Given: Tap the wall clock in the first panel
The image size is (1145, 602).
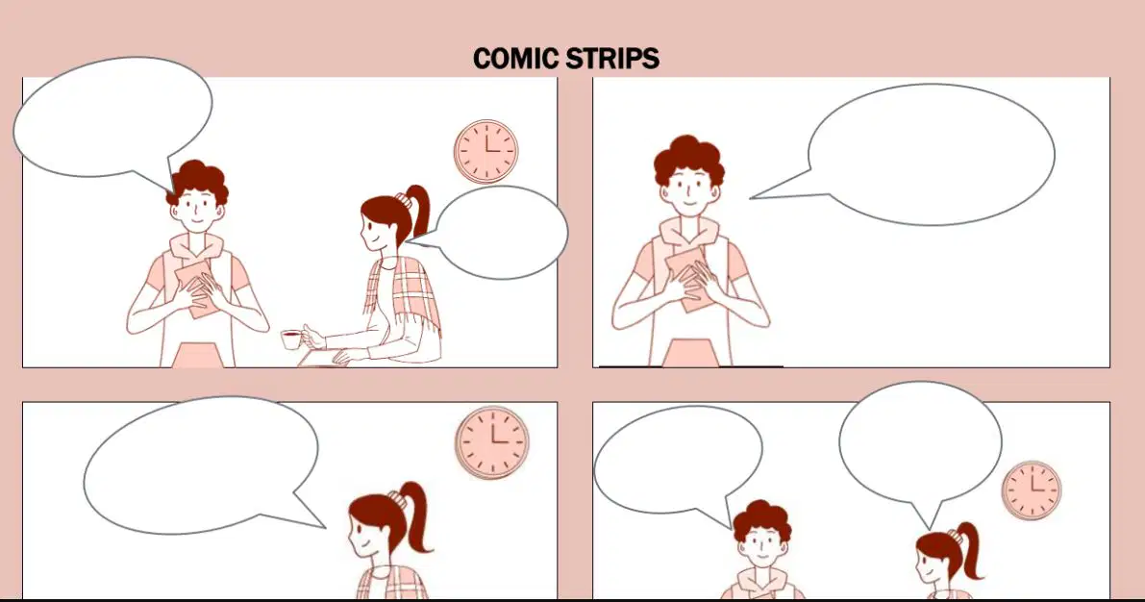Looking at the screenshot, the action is coord(486,152).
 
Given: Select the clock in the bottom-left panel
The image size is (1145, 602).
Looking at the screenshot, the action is coord(493,442).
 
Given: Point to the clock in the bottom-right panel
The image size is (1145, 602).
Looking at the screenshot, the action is coord(1032,489).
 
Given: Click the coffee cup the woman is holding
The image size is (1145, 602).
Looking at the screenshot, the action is coord(292,339).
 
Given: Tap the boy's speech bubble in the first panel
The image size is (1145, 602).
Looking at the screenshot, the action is coord(113,120).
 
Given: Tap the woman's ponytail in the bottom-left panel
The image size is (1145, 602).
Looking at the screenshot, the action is coord(414,515).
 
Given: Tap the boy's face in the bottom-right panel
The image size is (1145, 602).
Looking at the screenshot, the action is coord(762,545).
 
